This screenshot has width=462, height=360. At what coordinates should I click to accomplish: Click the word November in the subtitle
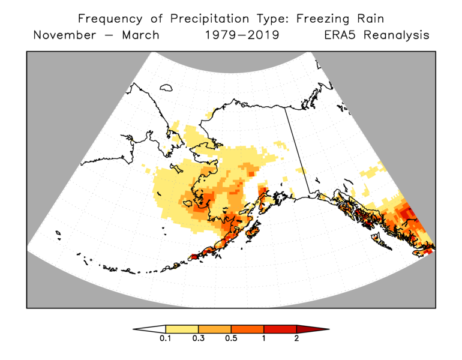pyautogui.click(x=64, y=35)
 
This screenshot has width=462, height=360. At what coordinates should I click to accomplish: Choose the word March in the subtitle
pyautogui.click(x=140, y=35)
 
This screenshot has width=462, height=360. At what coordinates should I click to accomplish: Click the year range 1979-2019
pyautogui.click(x=242, y=35)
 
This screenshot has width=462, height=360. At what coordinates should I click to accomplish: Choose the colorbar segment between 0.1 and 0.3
pyautogui.click(x=182, y=329)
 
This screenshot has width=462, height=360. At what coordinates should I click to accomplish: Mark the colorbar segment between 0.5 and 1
pyautogui.click(x=247, y=329)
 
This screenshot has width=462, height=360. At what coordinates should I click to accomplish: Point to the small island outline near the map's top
pyautogui.click(x=166, y=88)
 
